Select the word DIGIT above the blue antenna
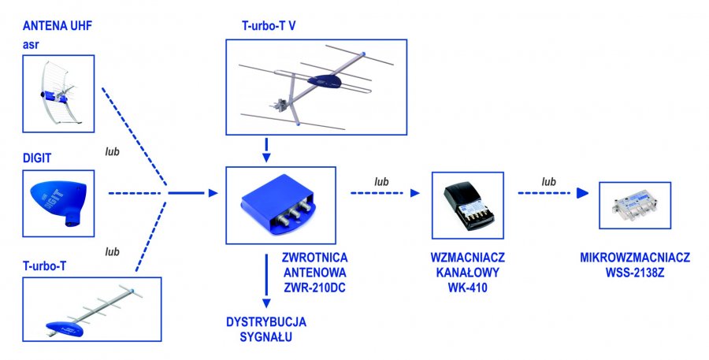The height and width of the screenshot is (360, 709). (37, 158)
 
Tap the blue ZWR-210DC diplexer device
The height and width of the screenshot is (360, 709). (280, 204)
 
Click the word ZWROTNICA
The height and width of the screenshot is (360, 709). (315, 258)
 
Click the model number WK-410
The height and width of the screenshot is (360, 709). (468, 288)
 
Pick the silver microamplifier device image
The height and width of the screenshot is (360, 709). (634, 205)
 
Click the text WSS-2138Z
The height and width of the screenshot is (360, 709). (634, 273)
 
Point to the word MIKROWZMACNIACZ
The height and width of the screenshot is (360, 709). (634, 258)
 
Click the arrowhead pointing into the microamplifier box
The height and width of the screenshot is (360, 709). (582, 194)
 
